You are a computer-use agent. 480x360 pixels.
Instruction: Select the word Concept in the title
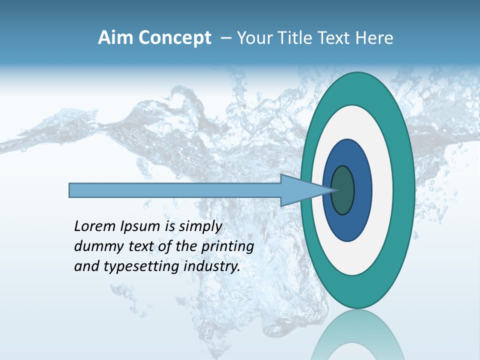[x=175, y=38]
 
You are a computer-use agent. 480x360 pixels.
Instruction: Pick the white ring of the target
[x=383, y=190]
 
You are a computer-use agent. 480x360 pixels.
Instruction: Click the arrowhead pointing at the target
[x=300, y=190]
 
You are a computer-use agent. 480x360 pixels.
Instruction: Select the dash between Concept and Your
[x=225, y=38]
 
